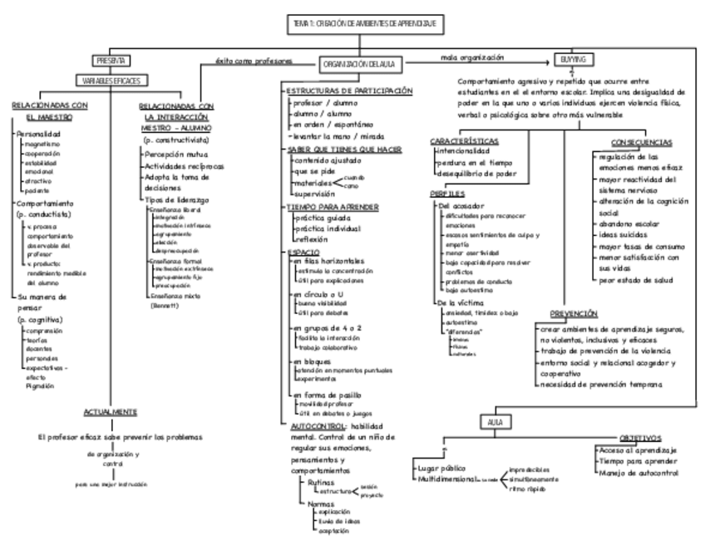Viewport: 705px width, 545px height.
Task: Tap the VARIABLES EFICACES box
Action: [x=111, y=81]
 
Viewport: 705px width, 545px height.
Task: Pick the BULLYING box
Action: [x=570, y=61]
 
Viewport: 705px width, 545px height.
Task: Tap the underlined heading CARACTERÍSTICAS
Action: [x=465, y=141]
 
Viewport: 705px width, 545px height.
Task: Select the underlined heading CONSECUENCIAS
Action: [x=643, y=142]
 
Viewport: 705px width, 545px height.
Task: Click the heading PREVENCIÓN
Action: [x=574, y=314]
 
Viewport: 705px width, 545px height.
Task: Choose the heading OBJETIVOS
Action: [x=639, y=437]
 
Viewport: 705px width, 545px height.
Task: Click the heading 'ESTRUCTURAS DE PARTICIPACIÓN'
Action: [x=349, y=91]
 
